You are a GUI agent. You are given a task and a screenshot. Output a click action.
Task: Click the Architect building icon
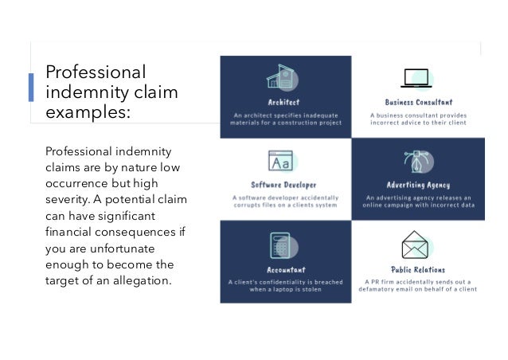click(285, 79)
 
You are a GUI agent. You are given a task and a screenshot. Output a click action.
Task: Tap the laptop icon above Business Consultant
click(417, 79)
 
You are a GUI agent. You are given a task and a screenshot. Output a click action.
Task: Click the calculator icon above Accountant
click(283, 243)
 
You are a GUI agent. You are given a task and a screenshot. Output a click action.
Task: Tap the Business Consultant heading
click(418, 104)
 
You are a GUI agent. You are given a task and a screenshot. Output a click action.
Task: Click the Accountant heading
click(284, 270)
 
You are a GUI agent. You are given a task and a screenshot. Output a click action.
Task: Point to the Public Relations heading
click(418, 270)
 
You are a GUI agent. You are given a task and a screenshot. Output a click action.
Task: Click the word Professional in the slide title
click(96, 71)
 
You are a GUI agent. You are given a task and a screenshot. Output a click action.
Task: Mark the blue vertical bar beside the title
click(32, 87)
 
